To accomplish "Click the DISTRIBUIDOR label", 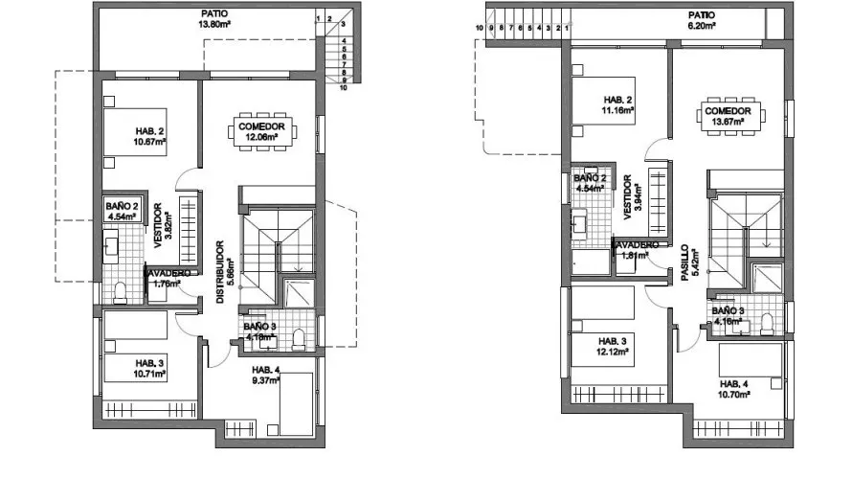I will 219,271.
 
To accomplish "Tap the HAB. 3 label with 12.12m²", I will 613,346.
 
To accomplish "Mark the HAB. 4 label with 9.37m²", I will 265,375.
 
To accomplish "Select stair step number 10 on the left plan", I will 342,87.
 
